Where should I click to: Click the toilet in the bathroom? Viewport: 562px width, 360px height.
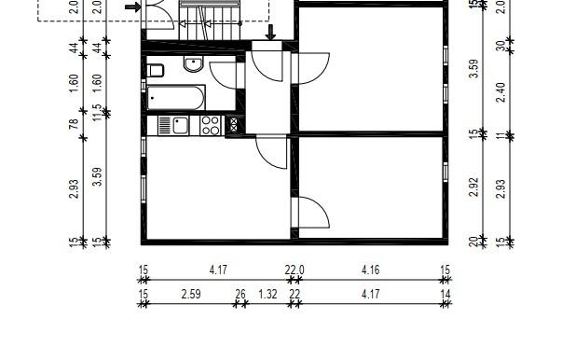(156, 70)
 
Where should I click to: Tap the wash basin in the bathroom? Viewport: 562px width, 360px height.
(194, 64)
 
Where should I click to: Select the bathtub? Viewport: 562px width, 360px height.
(176, 97)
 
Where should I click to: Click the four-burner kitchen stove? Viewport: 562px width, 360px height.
(210, 124)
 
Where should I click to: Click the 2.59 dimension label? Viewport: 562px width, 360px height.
(191, 295)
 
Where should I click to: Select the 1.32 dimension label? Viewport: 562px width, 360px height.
(267, 295)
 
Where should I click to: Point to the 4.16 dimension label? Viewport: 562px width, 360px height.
(370, 270)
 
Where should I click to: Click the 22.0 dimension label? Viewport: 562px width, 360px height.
(295, 270)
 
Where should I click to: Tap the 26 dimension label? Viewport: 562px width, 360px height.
(240, 295)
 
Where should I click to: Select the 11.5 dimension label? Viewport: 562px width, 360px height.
(98, 112)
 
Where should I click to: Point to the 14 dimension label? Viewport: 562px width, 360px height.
(445, 295)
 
